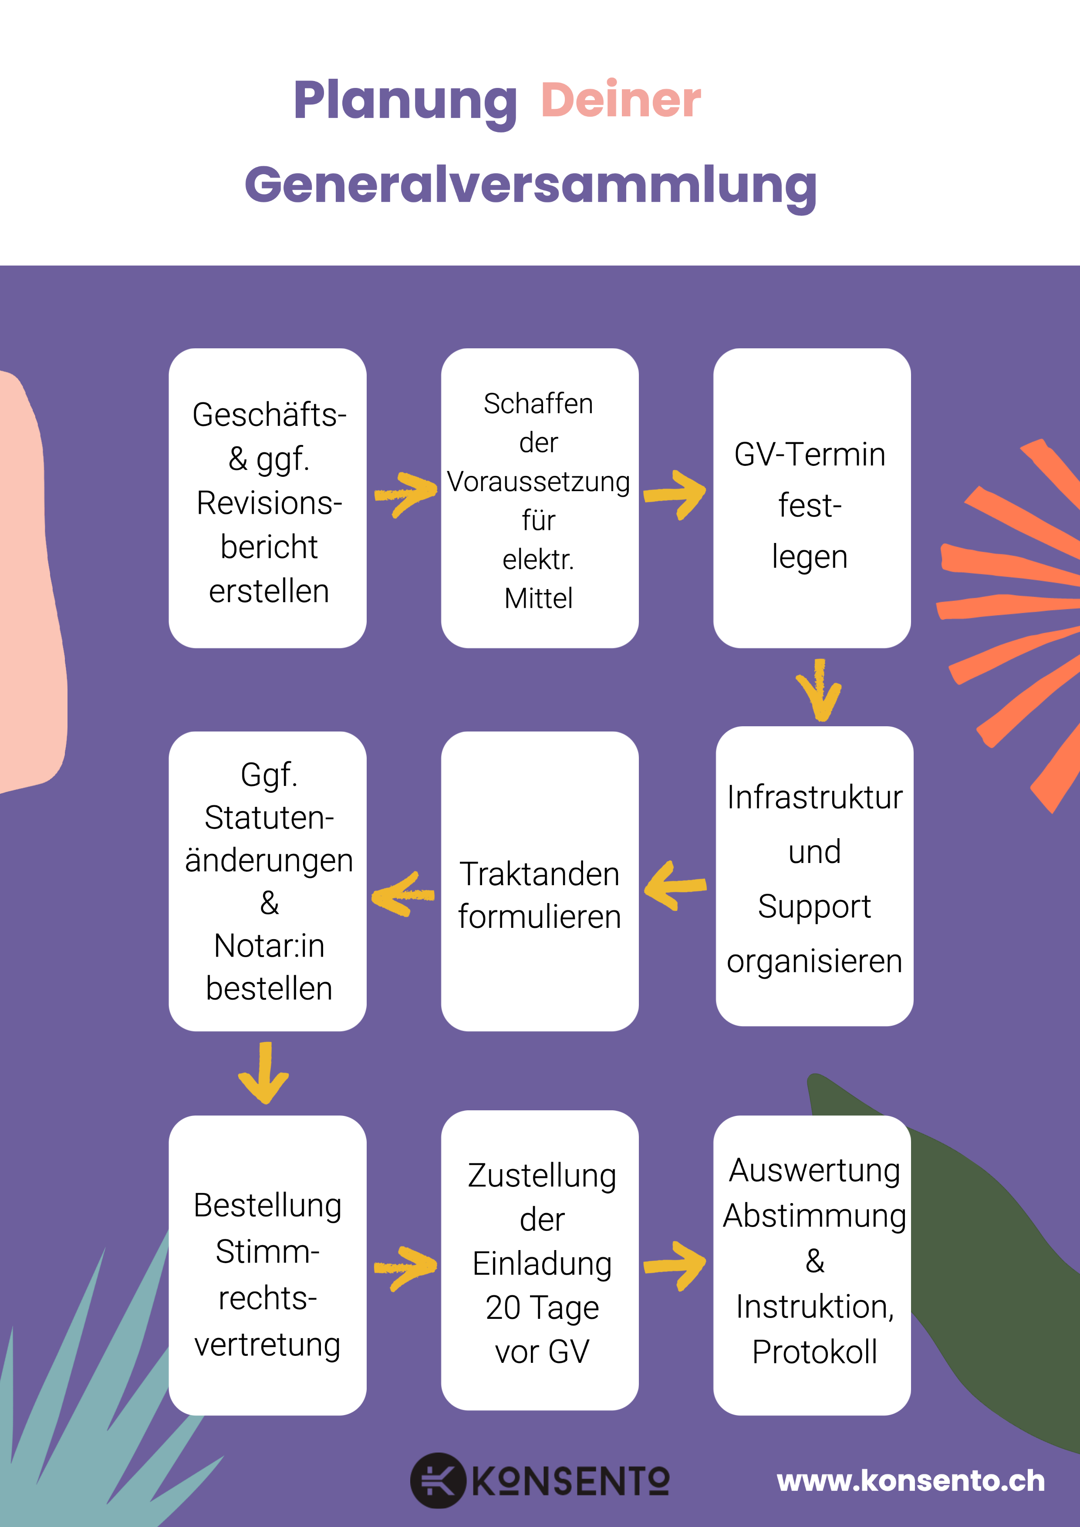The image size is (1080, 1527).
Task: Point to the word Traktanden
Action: coord(539,874)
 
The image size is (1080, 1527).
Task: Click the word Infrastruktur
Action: coord(814,797)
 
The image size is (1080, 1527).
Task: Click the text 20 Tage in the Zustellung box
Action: coord(542,1308)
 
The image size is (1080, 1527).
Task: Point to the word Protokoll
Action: coord(814,1352)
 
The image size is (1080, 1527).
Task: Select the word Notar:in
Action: coord(269,945)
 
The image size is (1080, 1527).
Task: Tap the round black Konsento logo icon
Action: coord(437,1480)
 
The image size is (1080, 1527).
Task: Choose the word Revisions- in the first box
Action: coord(269,503)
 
